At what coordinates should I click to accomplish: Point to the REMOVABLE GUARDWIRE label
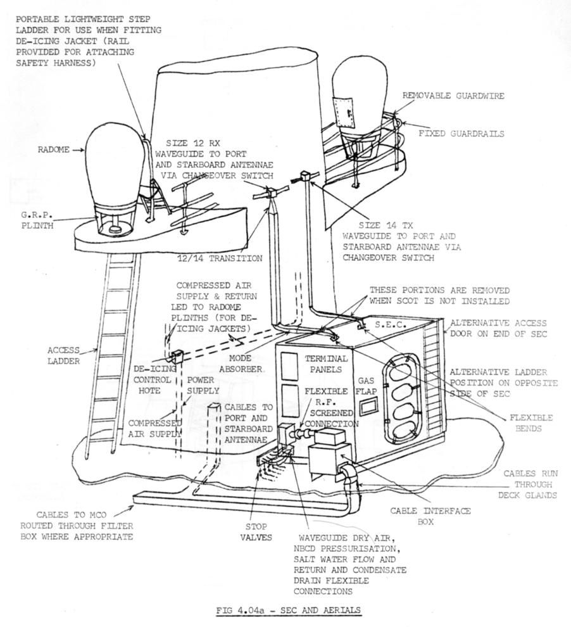pos(453,95)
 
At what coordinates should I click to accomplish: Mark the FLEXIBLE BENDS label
pos(530,423)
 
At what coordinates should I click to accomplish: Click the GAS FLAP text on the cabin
pos(368,386)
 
